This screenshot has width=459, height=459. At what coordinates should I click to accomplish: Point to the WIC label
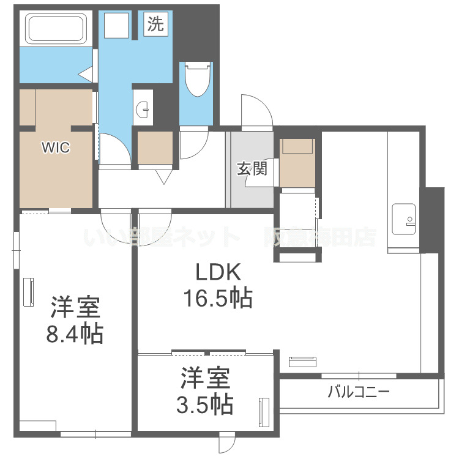click(55, 147)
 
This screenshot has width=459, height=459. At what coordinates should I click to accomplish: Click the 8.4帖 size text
click(75, 334)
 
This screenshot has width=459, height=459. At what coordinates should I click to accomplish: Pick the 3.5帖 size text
click(206, 404)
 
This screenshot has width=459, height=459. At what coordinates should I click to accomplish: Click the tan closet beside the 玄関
click(297, 163)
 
